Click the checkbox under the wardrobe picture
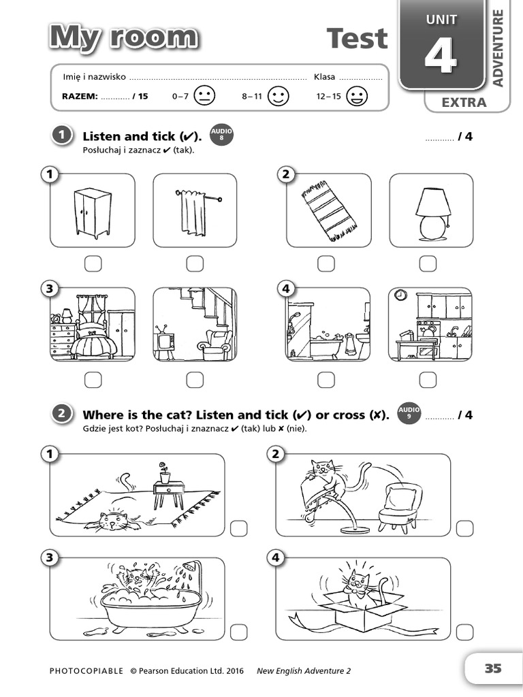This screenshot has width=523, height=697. pos(93,263)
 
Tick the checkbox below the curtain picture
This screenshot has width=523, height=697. pos(195,263)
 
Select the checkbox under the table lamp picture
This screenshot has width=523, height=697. pos(428,263)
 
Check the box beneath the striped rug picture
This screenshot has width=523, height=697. pos(326,263)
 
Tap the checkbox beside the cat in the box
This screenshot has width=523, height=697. pos(464,632)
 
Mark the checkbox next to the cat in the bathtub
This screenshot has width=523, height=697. pos(238,632)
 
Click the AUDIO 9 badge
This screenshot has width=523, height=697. pos(409,413)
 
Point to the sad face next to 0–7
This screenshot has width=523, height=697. pos(204,96)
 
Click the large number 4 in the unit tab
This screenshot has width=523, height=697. pos(441,56)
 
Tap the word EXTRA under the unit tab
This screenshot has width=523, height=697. pos(464,103)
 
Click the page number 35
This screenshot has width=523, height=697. pos(493,668)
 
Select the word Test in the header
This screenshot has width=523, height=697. pos(357,38)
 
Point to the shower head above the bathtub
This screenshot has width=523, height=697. pos(193,566)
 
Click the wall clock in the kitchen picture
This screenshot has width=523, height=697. pos(400,295)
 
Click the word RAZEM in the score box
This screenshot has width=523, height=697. pos(80,96)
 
